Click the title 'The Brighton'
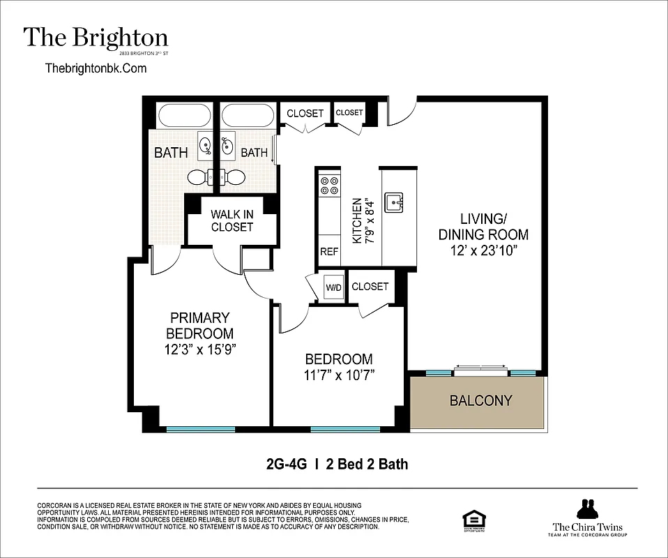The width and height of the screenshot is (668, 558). point(96,37)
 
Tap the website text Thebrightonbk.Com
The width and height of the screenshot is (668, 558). point(96,68)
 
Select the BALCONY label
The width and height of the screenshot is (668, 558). point(480,401)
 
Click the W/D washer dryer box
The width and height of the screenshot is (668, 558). point(332,287)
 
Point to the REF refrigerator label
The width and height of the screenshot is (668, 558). point(328,252)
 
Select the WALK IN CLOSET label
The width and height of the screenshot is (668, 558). point(232,220)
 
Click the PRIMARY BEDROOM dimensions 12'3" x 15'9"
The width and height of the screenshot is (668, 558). point(199,349)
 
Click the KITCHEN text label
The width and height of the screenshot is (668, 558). point(357,220)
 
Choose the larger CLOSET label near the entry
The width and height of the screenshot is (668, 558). point(305,113)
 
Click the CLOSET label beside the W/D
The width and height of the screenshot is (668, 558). point(370,286)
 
